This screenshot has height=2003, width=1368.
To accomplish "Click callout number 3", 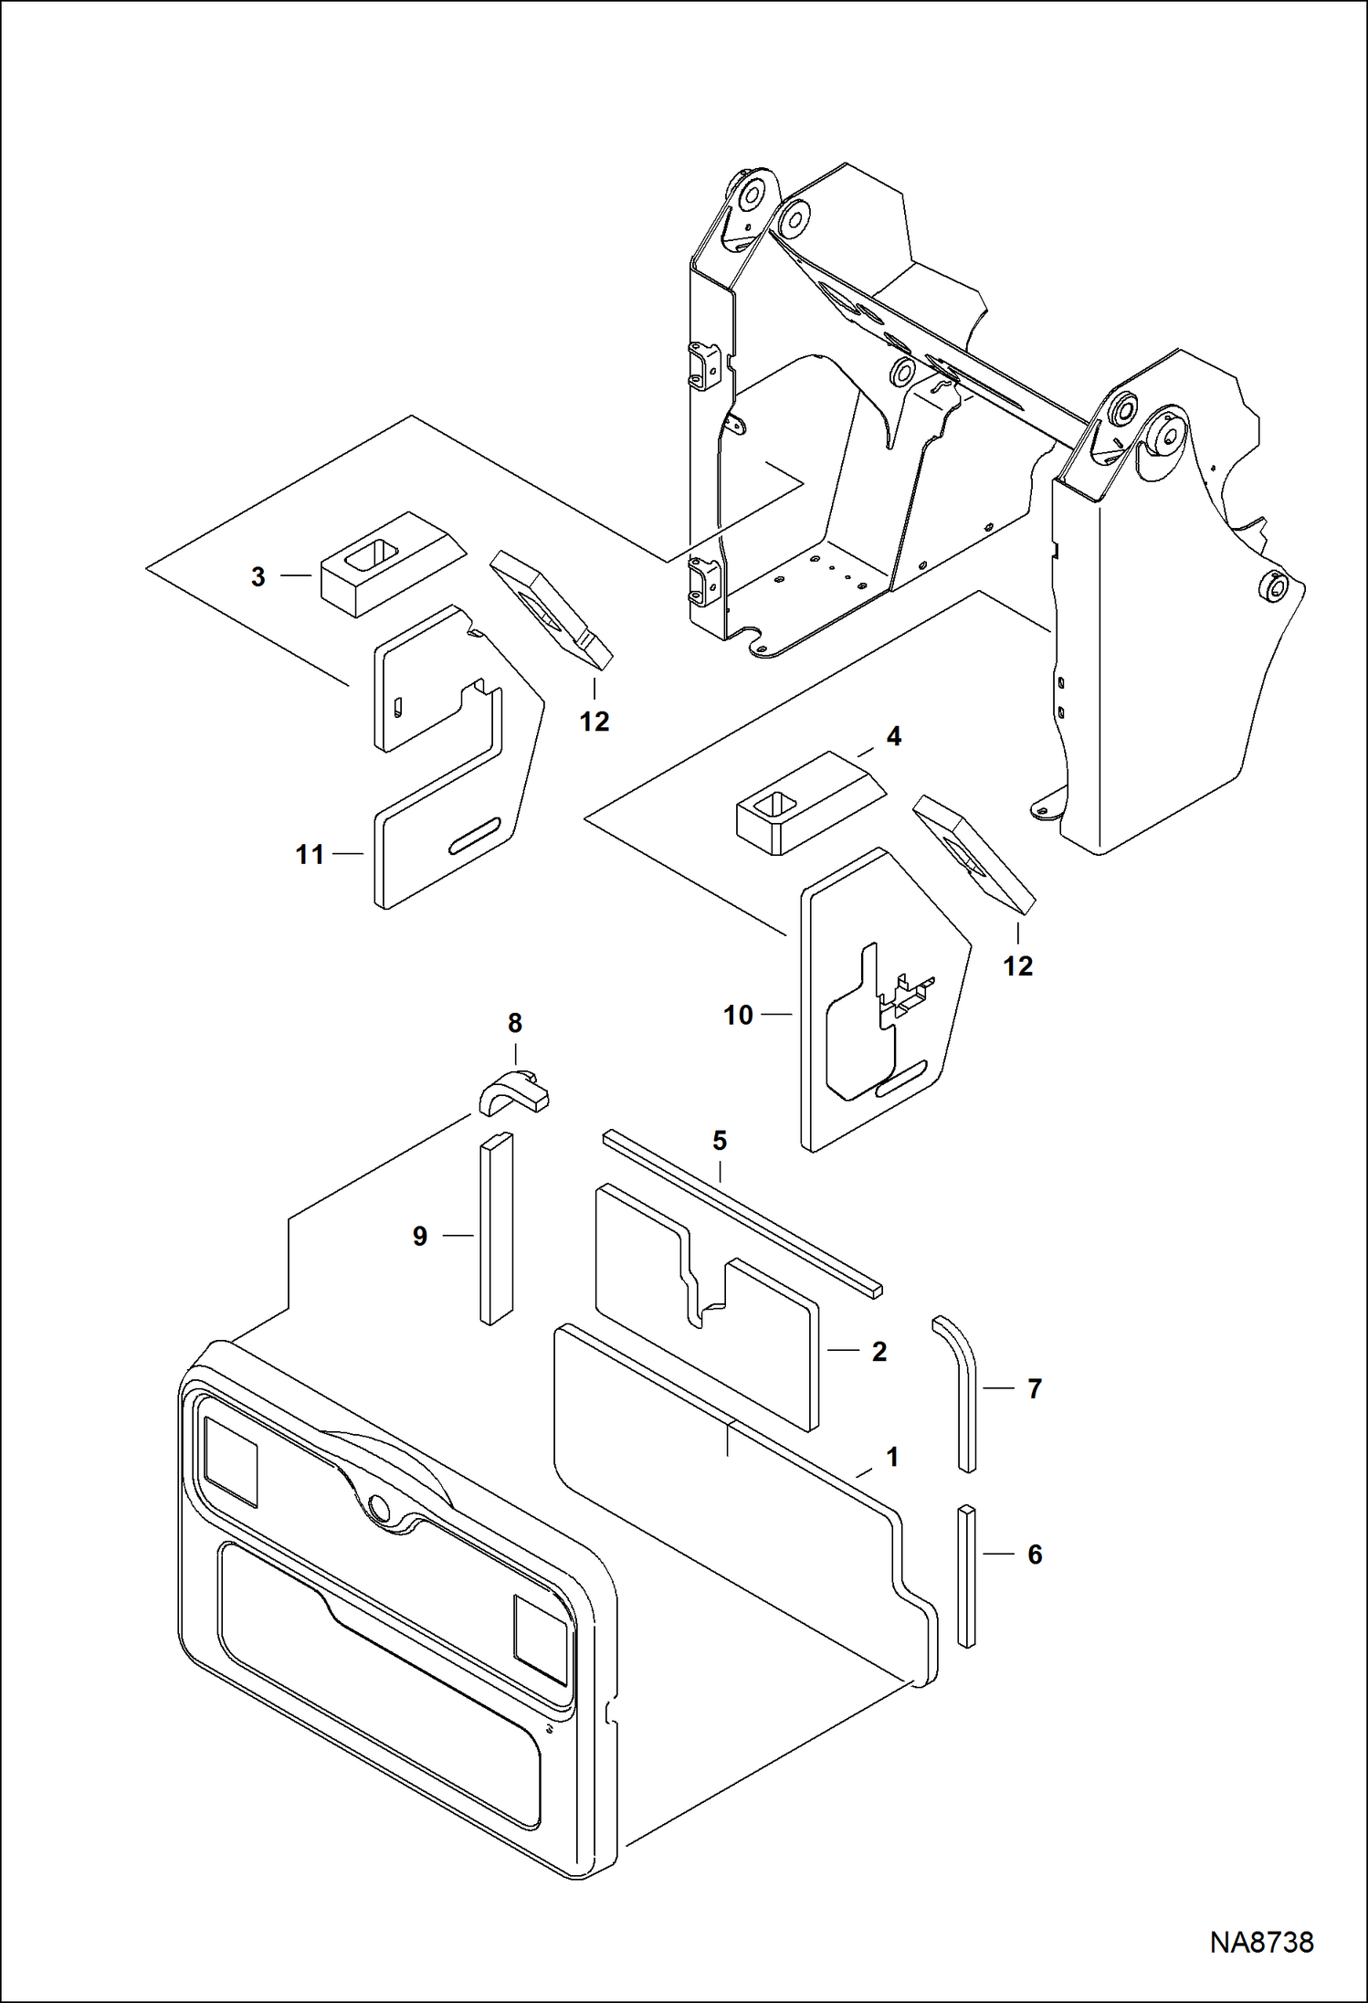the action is point(258,577).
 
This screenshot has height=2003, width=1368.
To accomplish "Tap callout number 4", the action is point(893,735).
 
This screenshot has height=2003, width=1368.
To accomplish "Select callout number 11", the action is point(310,855).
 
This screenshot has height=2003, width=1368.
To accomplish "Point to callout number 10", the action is point(738,1015).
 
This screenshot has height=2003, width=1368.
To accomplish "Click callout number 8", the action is point(515,1023).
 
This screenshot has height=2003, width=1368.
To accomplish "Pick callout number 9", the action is point(420,1237).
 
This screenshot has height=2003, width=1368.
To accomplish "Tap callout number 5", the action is point(720,1140).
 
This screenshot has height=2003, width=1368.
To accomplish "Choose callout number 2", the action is point(879,1352).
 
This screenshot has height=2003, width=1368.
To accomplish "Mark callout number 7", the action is point(1035,1389).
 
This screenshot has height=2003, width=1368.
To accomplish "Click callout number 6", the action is point(1035,1555).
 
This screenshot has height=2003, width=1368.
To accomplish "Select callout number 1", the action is point(893,1458).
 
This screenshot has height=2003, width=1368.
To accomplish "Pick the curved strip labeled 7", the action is point(955,1394).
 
